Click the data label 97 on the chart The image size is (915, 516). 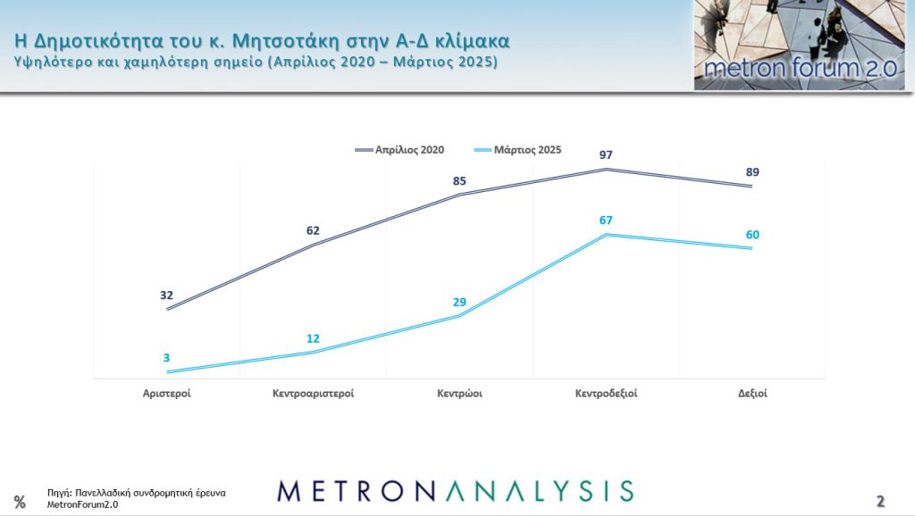pyautogui.click(x=607, y=156)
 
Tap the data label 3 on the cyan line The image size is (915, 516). pyautogui.click(x=167, y=358)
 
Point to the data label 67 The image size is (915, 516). pyautogui.click(x=607, y=221)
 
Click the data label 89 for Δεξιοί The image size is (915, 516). pyautogui.click(x=752, y=172)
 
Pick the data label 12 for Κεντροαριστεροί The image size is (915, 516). pyautogui.click(x=313, y=338)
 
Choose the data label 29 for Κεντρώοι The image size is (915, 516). pyautogui.click(x=460, y=302)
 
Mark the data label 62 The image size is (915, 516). pyautogui.click(x=313, y=230)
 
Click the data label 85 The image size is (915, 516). pyautogui.click(x=460, y=181)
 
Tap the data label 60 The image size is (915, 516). pyautogui.click(x=752, y=235)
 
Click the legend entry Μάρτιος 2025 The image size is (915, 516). pyautogui.click(x=528, y=150)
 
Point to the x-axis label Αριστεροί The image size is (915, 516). pyautogui.click(x=167, y=393)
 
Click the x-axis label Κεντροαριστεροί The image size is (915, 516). pyautogui.click(x=313, y=393)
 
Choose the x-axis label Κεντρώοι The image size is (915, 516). pyautogui.click(x=460, y=393)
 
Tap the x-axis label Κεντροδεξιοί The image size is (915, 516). pyautogui.click(x=607, y=393)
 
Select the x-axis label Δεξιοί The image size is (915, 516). pyautogui.click(x=752, y=393)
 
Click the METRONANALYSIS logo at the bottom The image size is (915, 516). pyautogui.click(x=455, y=490)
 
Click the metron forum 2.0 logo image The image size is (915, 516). pyautogui.click(x=799, y=45)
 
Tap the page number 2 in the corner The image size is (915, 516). pyautogui.click(x=880, y=500)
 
